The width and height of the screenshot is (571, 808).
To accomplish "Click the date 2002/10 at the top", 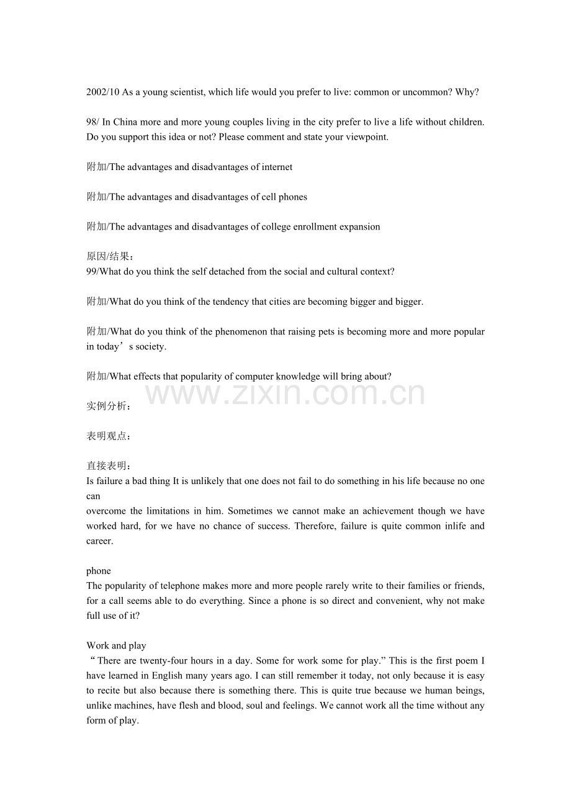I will click(103, 92).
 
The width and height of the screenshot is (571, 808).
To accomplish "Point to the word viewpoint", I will click(366, 137).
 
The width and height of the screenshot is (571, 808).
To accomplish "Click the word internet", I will click(277, 167).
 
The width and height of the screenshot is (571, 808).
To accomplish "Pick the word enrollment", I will click(316, 227).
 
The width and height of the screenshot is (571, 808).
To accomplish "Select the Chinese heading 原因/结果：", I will click(109, 257).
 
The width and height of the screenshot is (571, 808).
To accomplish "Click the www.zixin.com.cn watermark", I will click(285, 393).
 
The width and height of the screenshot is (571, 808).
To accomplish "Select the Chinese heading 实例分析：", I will click(109, 406).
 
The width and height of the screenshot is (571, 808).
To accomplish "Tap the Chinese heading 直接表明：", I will click(109, 466).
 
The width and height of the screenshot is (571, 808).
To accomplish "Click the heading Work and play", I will click(116, 645).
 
